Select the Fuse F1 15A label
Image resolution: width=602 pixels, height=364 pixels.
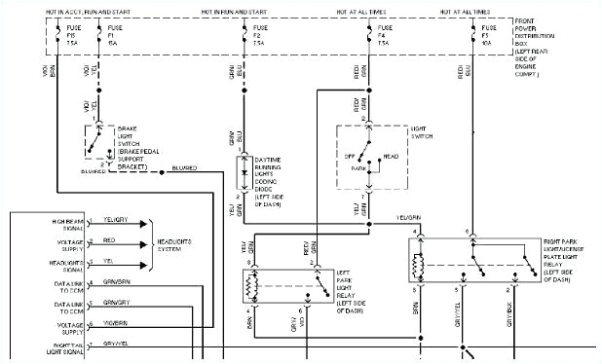113,38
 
